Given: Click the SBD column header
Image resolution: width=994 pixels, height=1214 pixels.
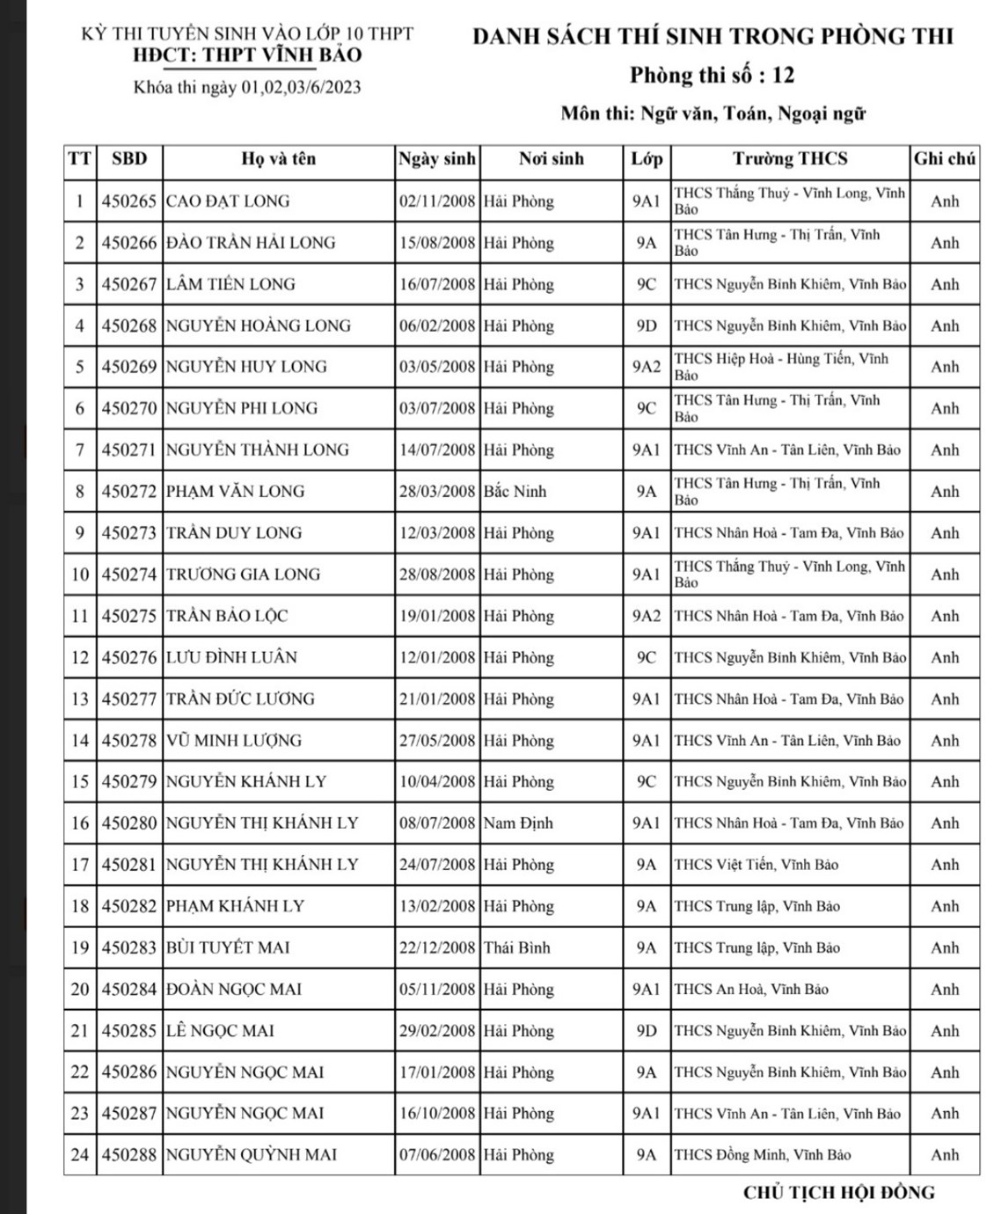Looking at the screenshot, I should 129,159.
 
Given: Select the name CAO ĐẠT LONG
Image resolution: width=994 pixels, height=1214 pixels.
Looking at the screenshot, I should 228,201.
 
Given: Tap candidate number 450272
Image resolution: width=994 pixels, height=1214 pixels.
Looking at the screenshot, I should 129,492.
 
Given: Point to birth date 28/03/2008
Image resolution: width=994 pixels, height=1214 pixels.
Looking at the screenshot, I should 437,492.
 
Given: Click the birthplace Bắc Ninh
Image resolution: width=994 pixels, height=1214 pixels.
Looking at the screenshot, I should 515,492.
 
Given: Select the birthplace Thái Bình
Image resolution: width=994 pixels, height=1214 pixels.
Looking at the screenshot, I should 517,947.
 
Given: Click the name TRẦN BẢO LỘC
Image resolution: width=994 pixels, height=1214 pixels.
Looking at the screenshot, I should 227,616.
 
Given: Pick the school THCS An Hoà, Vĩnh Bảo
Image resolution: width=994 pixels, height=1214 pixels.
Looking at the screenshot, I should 751,989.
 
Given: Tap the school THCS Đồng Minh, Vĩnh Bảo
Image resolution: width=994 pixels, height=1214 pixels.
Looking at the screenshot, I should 763,1155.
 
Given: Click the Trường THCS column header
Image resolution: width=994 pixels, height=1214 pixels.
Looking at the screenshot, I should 790,159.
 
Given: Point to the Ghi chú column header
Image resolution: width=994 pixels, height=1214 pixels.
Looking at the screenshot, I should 945,159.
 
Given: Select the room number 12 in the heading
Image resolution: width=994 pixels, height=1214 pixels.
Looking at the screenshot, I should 783,76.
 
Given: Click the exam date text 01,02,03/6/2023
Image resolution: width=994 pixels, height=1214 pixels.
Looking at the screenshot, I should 301,87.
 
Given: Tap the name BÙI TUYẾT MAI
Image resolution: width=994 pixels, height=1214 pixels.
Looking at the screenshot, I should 228,947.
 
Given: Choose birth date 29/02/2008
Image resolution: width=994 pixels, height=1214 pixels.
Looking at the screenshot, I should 437,1030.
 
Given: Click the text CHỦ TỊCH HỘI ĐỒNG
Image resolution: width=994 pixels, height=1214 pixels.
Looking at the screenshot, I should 839,1193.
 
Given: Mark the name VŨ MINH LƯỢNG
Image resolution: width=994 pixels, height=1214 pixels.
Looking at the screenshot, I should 234,741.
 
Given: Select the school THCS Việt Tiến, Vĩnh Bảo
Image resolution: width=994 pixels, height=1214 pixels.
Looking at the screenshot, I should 756,865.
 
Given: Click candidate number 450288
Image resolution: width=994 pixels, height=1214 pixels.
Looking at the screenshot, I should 129,1155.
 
